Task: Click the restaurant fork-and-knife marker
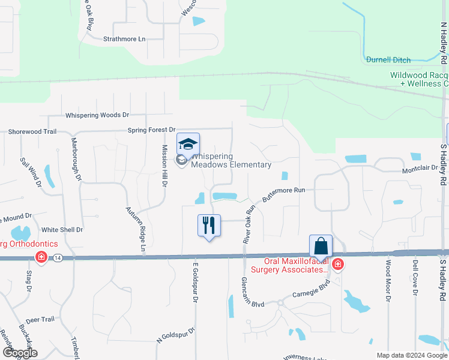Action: (209, 226)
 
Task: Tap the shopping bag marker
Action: (321, 247)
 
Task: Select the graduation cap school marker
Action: (188, 145)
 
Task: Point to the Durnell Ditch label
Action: (388, 59)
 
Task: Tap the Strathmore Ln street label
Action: (124, 39)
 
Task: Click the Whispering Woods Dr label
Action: (97, 115)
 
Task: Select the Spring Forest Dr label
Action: (151, 130)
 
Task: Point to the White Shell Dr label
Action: (62, 229)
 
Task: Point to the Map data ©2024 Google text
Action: (411, 355)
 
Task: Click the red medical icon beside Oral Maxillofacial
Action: (337, 264)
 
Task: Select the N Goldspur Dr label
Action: (176, 334)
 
